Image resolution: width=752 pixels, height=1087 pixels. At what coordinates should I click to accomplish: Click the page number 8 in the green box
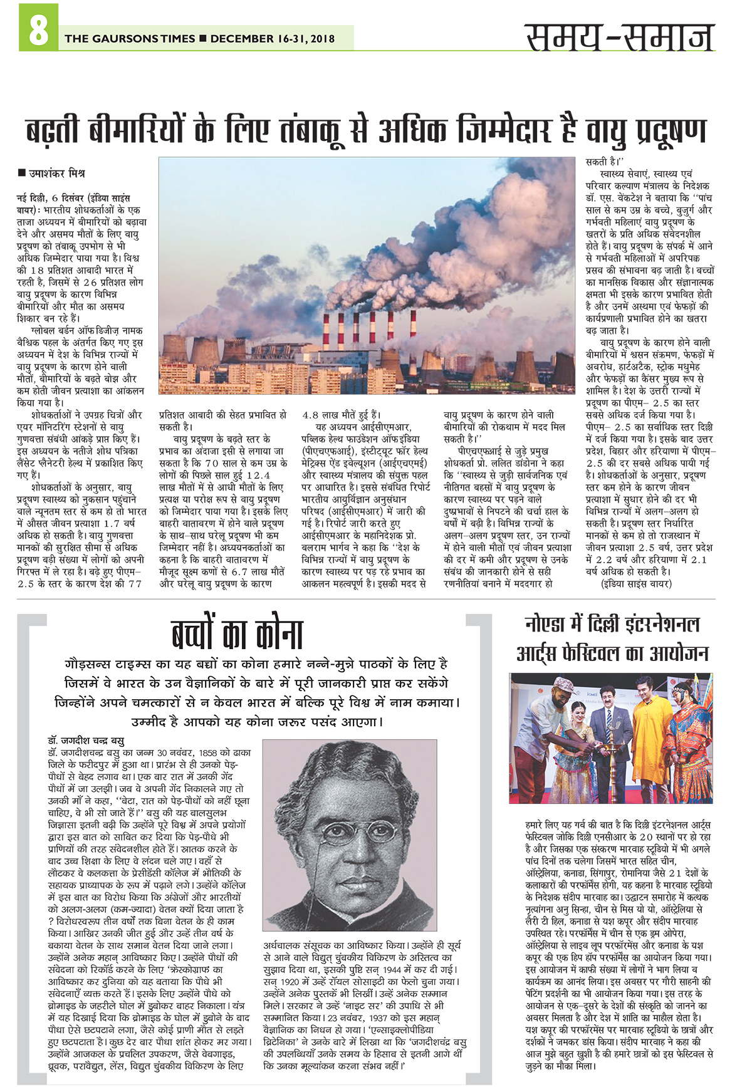[38, 31]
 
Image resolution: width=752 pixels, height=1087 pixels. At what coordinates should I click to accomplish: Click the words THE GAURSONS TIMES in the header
[130, 39]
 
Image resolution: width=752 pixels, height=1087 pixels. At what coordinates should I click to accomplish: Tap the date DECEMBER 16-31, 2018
[273, 39]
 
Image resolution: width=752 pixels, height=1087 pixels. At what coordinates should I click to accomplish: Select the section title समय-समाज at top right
[619, 38]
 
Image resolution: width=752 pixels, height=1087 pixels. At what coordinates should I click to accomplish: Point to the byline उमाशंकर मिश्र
[56, 173]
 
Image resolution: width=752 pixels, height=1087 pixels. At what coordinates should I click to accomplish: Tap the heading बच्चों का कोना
[238, 634]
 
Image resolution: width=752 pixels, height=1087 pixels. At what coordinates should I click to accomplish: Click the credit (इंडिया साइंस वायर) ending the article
[636, 583]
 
